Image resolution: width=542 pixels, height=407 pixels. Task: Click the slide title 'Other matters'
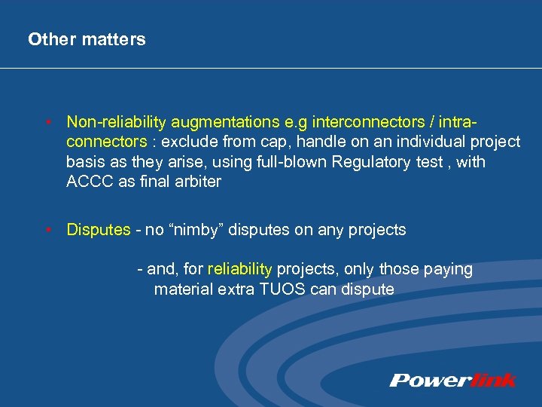click(87, 39)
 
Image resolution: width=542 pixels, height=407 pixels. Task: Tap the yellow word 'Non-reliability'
click(117, 122)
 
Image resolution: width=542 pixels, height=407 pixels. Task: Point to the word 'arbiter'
click(197, 182)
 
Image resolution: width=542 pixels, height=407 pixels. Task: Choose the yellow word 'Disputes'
click(99, 230)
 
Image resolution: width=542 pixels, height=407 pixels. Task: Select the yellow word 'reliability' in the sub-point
click(239, 269)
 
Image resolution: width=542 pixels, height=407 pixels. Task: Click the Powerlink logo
click(453, 381)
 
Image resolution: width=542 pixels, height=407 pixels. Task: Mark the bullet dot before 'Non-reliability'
click(47, 122)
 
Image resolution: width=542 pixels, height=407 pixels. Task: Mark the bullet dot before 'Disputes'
click(47, 230)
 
